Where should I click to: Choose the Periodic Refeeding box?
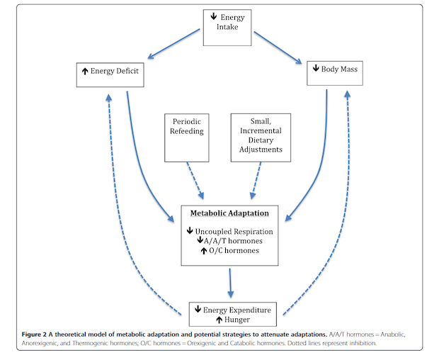point(188,135)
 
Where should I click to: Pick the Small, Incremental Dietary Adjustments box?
point(256,135)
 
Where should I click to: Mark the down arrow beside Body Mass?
point(316,70)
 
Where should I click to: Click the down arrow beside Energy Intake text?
point(213,16)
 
